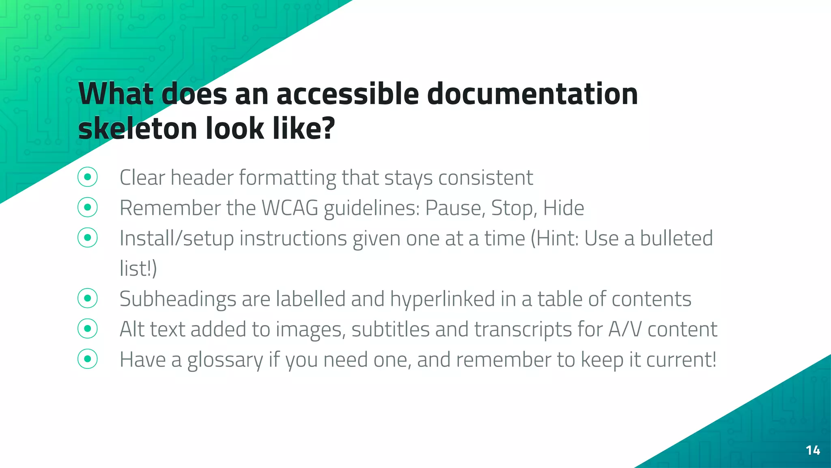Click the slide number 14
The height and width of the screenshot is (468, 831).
point(813,450)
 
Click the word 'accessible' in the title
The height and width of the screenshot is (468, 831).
point(348,94)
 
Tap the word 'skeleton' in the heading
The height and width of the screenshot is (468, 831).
point(138,128)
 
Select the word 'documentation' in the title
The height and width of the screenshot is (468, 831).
point(532,94)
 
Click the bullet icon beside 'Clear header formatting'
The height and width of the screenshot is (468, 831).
point(88,177)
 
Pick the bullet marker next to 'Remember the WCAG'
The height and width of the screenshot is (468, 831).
point(88,208)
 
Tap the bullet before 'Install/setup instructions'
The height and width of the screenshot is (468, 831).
point(88,238)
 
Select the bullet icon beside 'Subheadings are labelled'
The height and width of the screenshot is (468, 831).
point(88,299)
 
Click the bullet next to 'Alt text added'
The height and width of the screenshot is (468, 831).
point(88,329)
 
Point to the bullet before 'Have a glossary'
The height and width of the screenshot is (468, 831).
point(88,359)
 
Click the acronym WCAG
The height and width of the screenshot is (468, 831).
point(290,208)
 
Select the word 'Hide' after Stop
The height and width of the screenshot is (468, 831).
point(564,208)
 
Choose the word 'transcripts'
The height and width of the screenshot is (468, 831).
point(523,329)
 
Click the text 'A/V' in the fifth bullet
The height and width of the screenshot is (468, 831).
point(625,329)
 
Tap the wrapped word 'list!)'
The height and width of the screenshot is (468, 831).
point(138,269)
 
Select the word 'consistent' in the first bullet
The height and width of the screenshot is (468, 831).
point(485,178)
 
